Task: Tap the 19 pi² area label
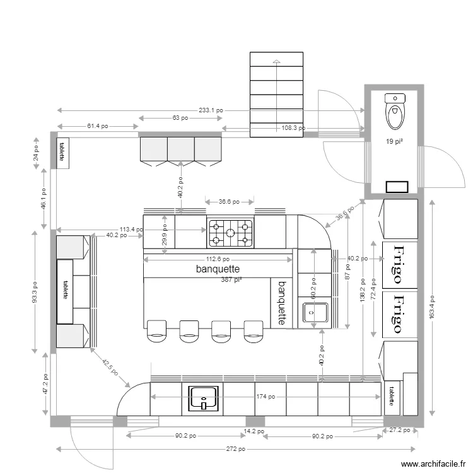point(394,142)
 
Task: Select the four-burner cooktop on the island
point(230,231)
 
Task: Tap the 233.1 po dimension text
point(211,110)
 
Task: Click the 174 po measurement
point(265,397)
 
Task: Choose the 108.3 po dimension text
point(293,128)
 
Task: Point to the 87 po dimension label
point(347,276)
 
